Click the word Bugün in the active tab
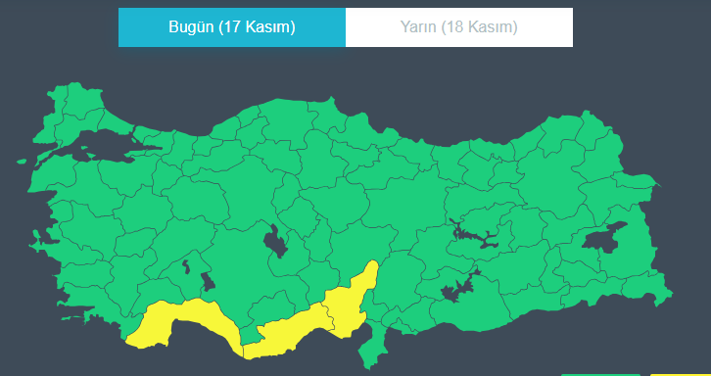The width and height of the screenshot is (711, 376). pos(192,27)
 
